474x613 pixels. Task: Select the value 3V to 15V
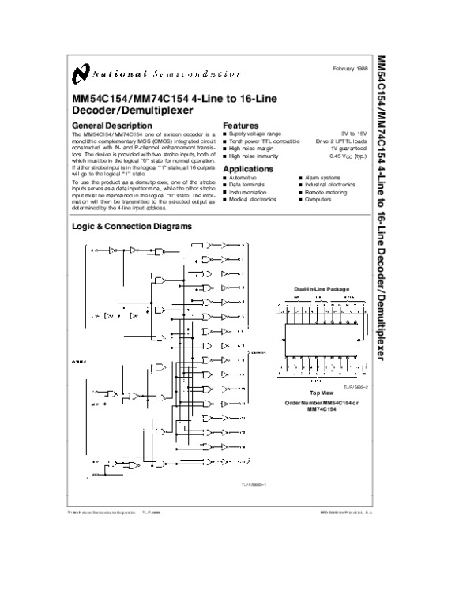354,134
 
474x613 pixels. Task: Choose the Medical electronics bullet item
252,200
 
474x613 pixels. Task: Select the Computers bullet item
318,200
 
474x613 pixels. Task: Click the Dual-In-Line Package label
321,290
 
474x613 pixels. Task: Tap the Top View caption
321,392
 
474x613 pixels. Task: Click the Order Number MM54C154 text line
321,403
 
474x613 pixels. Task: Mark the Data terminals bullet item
246,186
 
